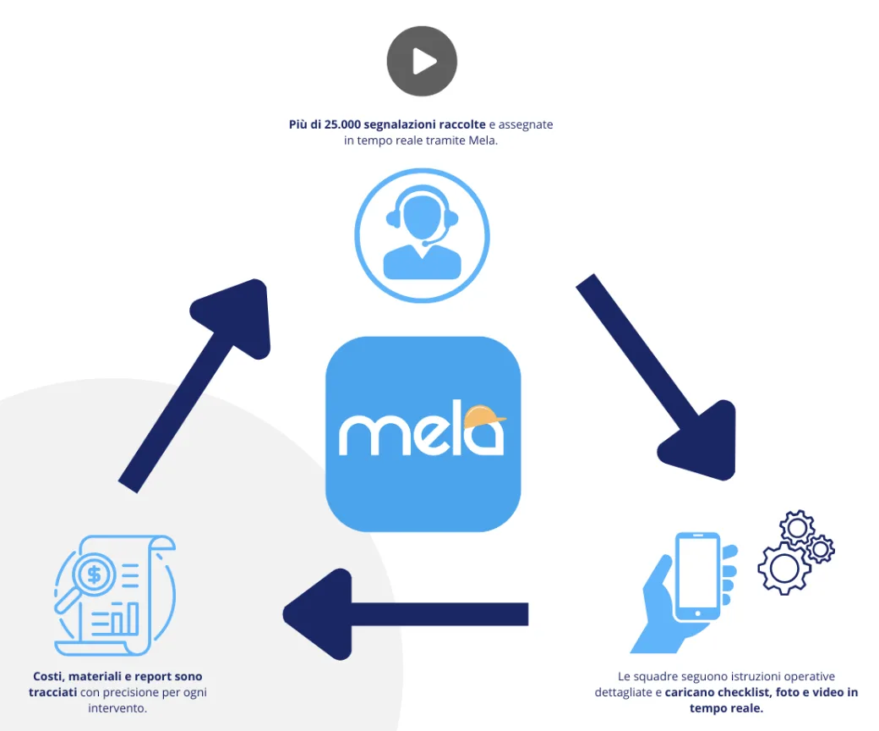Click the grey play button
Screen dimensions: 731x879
click(x=422, y=61)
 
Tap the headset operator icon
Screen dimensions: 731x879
click(x=422, y=235)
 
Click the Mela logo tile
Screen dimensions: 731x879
click(x=423, y=434)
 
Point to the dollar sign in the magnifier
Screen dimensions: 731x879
click(x=94, y=575)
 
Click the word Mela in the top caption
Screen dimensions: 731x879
click(x=483, y=141)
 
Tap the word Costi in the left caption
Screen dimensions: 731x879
click(x=48, y=676)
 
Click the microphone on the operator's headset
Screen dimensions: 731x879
click(x=425, y=244)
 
